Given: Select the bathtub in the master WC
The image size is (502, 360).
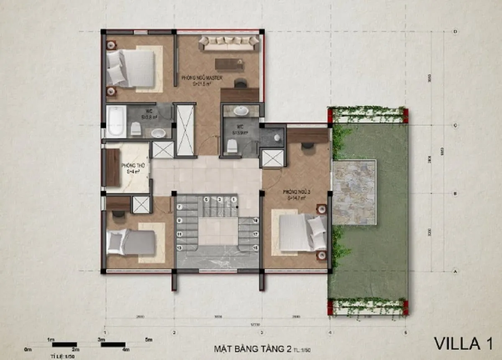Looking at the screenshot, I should [x=116, y=121].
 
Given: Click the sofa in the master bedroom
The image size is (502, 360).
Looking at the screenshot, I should [x=228, y=43].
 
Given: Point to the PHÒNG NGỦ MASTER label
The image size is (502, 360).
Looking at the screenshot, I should [x=202, y=78].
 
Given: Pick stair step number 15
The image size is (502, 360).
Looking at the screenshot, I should [x=254, y=248].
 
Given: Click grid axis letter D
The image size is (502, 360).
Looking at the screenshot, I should [x=455, y=32].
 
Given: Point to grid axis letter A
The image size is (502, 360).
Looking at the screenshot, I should [x=455, y=271].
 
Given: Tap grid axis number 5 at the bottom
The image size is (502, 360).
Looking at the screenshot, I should [x=405, y=333].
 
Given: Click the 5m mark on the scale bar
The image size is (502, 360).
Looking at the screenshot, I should [x=148, y=339].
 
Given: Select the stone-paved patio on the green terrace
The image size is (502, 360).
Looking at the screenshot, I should [x=354, y=192].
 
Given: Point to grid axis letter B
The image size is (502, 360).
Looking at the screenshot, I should [x=455, y=194].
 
